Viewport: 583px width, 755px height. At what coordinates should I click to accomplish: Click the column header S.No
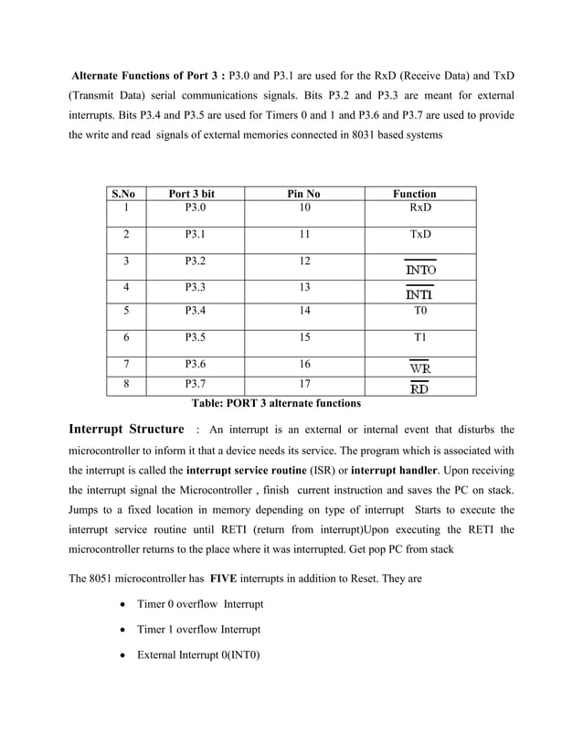(122, 194)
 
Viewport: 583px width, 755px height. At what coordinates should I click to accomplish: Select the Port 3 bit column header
(193, 194)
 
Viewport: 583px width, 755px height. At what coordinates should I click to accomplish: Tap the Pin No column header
(304, 194)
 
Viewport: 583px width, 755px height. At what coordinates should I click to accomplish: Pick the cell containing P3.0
(195, 208)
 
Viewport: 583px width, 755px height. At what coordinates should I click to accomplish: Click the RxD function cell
(419, 208)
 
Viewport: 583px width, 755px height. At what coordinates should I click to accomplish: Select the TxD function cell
(419, 235)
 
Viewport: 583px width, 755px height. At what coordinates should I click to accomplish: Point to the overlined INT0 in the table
(420, 271)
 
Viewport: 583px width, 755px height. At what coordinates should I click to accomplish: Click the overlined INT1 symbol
(420, 294)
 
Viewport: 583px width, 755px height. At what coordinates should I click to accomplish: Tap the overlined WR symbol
(420, 367)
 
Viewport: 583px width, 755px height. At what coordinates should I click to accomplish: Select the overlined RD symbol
(420, 388)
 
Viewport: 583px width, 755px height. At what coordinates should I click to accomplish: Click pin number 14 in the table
(304, 311)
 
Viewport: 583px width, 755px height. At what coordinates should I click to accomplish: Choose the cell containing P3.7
(195, 385)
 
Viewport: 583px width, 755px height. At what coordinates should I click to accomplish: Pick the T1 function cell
(419, 337)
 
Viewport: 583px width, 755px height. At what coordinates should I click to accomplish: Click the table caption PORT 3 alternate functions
(275, 403)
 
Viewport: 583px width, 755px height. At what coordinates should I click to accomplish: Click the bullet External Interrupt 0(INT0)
(198, 654)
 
